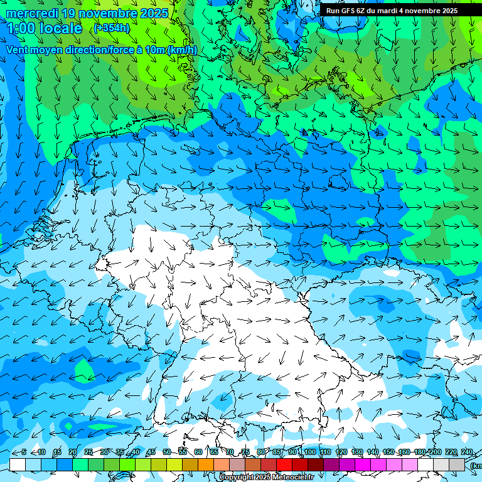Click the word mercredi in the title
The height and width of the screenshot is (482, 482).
click(x=32, y=13)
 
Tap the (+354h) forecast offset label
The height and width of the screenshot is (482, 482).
click(x=112, y=28)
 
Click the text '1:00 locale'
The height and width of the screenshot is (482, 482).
click(x=45, y=28)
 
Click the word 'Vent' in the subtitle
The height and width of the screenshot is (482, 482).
click(x=18, y=50)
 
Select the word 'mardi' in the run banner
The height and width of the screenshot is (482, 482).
click(x=389, y=11)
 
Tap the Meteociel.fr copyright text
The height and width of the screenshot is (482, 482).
click(x=267, y=478)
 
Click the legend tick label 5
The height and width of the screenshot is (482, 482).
click(x=24, y=452)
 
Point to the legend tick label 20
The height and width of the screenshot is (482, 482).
click(x=73, y=452)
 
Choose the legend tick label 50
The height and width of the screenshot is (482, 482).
click(x=167, y=452)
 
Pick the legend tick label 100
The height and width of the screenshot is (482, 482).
click(x=309, y=452)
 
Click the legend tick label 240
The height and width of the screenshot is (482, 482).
click(x=467, y=452)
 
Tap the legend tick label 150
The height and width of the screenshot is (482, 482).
click(x=388, y=452)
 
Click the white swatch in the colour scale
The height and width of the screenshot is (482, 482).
click(x=18, y=464)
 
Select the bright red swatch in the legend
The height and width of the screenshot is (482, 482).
click(x=284, y=464)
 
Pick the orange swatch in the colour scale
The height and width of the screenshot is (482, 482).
click(x=206, y=464)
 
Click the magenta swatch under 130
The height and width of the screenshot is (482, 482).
click(x=363, y=464)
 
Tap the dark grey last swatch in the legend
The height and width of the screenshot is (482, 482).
click(x=457, y=464)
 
